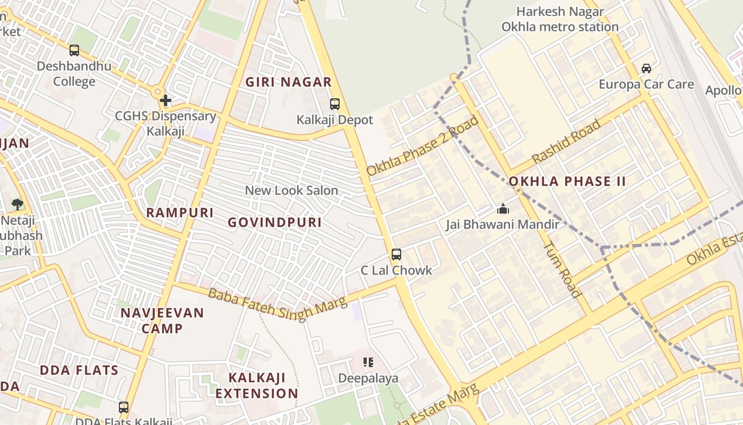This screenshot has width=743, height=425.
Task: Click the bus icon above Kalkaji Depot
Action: point(334,104)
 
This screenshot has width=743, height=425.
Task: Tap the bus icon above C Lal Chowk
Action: point(396,254)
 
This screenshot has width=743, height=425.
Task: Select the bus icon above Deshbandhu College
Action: point(74,50)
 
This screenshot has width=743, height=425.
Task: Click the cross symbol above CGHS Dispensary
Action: point(166,100)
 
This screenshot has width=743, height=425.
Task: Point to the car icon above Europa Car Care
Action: point(646,69)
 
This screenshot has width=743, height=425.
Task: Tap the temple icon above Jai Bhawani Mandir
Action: point(503,209)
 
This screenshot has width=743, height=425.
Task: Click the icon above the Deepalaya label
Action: point(368,362)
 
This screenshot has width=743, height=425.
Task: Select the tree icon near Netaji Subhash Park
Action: point(17,204)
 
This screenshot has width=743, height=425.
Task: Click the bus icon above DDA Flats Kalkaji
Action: point(124,407)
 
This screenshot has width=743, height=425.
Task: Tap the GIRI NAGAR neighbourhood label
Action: point(288,82)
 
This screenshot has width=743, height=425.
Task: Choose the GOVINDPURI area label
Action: point(275,223)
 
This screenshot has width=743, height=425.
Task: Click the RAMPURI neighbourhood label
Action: point(180,212)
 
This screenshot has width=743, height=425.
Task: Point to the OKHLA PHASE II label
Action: point(567,181)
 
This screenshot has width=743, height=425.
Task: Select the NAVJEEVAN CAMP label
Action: point(162,320)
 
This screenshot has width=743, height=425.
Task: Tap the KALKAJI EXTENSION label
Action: point(257,386)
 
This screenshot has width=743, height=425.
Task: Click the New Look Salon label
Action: point(291,190)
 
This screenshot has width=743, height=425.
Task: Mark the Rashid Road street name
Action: point(566,141)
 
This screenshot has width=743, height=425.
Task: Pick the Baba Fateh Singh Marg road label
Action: point(277,303)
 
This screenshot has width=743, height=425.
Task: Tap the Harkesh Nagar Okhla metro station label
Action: point(560,19)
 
